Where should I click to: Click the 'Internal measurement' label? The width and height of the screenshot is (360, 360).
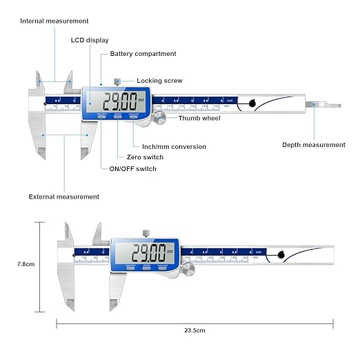54,21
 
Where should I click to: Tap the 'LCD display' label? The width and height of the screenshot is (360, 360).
90,40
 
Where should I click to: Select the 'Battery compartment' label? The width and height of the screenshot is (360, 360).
143,53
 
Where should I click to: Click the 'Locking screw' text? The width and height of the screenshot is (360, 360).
159,81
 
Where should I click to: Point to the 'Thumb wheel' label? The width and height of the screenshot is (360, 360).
199,118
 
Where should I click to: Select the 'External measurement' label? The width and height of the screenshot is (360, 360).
63,197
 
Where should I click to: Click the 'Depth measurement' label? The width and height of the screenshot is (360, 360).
314,145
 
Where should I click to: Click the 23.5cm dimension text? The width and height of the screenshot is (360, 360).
195,330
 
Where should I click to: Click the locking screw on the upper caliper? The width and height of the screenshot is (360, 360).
119,81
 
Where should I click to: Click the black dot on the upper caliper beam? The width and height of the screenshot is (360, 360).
252,104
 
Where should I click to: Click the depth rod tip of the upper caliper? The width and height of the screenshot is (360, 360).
338,105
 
